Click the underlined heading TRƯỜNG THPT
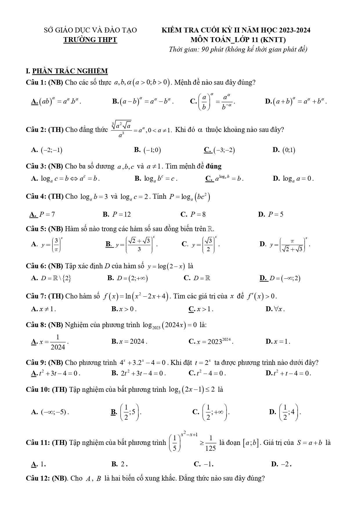click(x=90, y=40)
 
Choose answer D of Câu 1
click(x=296, y=102)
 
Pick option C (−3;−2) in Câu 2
click(x=220, y=150)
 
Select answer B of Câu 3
click(x=156, y=179)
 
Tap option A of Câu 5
click(x=47, y=244)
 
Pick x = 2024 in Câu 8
click(x=129, y=342)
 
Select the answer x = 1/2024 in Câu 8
click(x=50, y=342)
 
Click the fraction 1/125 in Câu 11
click(x=211, y=443)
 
